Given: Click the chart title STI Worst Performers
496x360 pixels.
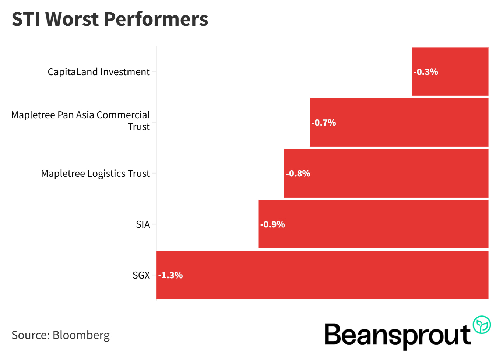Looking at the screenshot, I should tap(110, 19).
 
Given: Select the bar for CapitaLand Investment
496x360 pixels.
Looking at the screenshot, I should tap(450, 71).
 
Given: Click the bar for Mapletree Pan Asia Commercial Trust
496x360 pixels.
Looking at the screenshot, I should tap(399, 122).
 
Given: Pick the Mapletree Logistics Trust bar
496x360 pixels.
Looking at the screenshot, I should tap(386, 173).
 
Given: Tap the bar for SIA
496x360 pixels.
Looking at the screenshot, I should tap(373, 224).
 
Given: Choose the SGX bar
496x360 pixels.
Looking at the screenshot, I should tap(322, 275).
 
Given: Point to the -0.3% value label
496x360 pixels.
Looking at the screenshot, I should tap(426, 72).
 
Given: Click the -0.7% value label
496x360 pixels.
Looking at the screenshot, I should tap(324, 123).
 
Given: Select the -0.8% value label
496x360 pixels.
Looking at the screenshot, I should tap(298, 174).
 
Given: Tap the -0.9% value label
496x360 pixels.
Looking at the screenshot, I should tap(273, 224).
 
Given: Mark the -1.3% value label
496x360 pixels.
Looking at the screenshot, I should tap(170, 275).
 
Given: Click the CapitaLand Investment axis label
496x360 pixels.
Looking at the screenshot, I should tap(99, 72).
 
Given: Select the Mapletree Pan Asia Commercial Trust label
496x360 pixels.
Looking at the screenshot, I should tap(81, 120).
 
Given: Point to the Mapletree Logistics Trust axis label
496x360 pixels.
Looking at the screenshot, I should tap(95, 174).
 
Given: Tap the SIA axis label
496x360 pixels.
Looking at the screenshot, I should tap(143, 224).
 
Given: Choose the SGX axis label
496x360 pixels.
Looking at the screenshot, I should tap(141, 275).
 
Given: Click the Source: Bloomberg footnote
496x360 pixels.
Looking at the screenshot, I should tap(61, 335).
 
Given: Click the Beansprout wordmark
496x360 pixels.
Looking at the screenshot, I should tap(397, 335).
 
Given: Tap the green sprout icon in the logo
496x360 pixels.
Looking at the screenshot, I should tap(482, 325).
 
